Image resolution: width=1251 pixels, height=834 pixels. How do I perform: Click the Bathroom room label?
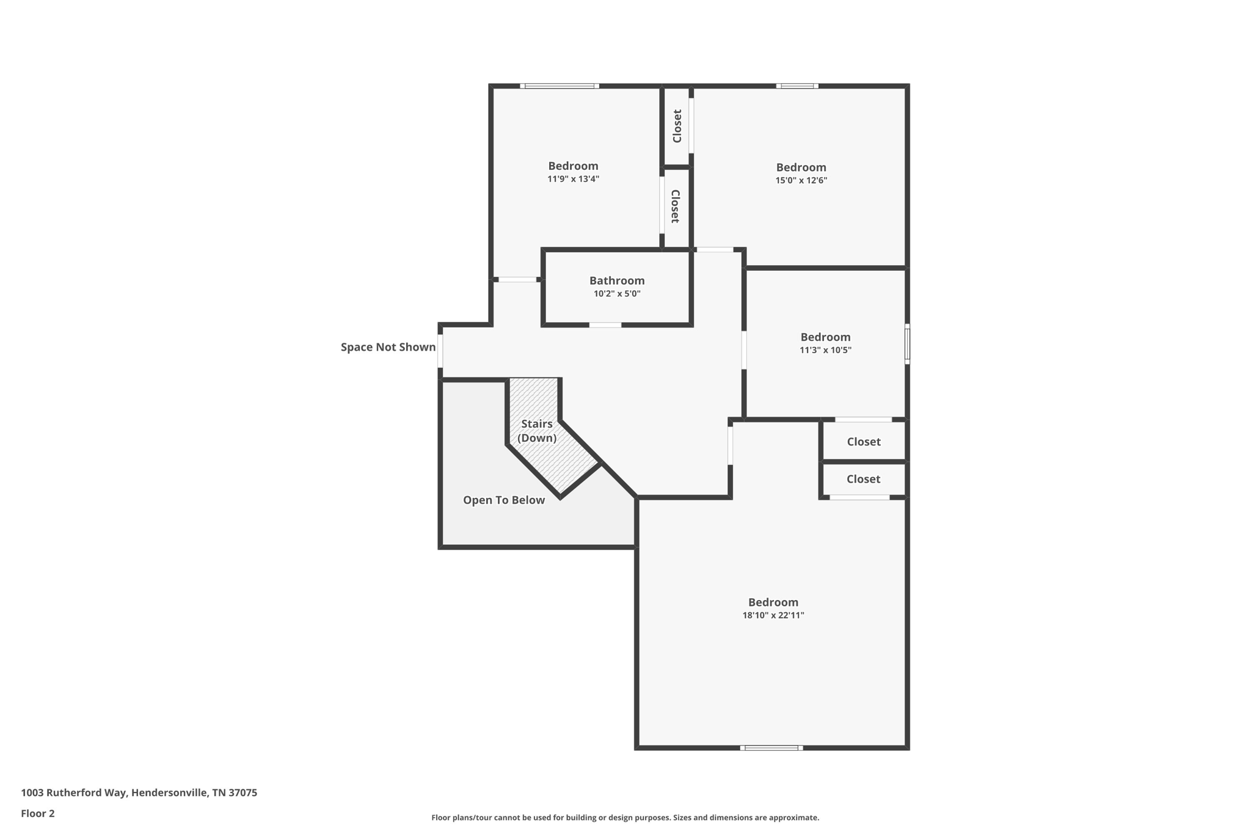pyautogui.click(x=616, y=280)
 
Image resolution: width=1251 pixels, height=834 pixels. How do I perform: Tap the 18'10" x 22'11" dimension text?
pyautogui.click(x=773, y=615)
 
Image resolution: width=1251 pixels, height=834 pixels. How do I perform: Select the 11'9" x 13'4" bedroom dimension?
pyautogui.click(x=573, y=179)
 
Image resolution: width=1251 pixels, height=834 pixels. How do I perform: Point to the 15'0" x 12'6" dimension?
pyautogui.click(x=801, y=180)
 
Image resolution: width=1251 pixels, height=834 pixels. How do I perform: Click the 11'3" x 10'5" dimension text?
pyautogui.click(x=825, y=350)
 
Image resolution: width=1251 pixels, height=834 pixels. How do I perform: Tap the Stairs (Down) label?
pyautogui.click(x=536, y=431)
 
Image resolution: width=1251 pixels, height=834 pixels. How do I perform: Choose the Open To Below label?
pyautogui.click(x=503, y=500)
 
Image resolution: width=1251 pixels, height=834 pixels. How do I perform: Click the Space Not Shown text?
pyautogui.click(x=388, y=347)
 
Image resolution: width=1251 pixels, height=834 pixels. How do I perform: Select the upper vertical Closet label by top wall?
pyautogui.click(x=677, y=126)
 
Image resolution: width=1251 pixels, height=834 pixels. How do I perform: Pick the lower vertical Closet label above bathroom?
pyautogui.click(x=675, y=206)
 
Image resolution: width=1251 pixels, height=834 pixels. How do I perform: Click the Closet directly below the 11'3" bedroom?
pyautogui.click(x=863, y=441)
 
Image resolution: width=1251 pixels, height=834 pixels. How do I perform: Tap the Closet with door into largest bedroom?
pyautogui.click(x=863, y=479)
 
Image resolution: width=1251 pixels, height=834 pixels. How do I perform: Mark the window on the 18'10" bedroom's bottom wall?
pyautogui.click(x=771, y=747)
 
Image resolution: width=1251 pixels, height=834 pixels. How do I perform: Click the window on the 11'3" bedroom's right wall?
pyautogui.click(x=907, y=344)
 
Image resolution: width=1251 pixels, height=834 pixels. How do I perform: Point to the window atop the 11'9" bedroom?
pyautogui.click(x=559, y=86)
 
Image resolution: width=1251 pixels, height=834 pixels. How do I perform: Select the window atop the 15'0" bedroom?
pyautogui.click(x=797, y=86)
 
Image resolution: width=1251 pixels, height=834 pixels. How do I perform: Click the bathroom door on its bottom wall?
pyautogui.click(x=605, y=325)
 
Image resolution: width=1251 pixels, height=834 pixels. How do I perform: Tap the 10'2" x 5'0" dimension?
pyautogui.click(x=616, y=294)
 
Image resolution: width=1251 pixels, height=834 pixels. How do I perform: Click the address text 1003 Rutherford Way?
pyautogui.click(x=139, y=792)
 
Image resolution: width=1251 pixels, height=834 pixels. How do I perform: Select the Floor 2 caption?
pyautogui.click(x=38, y=813)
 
